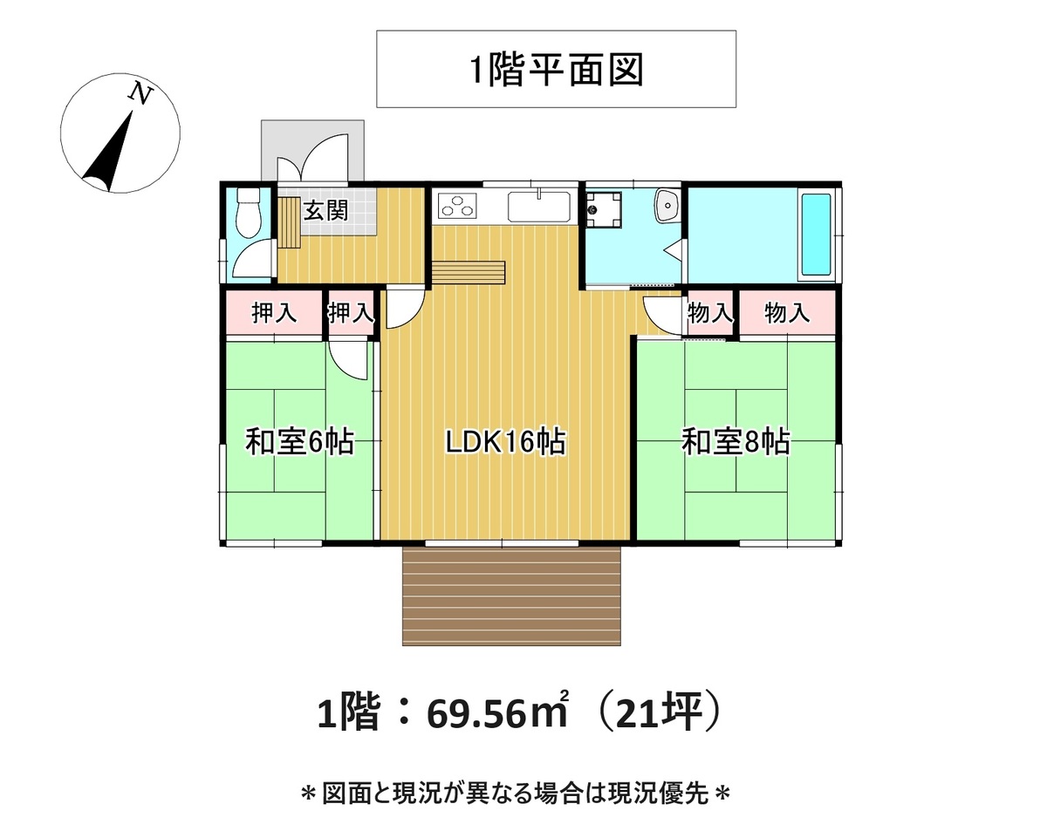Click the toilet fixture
click(249, 213)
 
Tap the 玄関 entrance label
click(326, 210)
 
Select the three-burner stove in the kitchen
click(457, 206)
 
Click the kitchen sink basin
click(539, 206)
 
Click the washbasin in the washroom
click(667, 206)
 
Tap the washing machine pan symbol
click(603, 210)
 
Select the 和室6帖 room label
click(299, 441)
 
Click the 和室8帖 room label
click(736, 441)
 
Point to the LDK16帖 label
click(505, 441)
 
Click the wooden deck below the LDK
click(511, 596)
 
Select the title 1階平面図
click(556, 70)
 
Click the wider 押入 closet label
click(274, 313)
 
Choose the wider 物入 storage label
click(787, 312)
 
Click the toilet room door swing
click(251, 259)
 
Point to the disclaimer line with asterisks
click(516, 794)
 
